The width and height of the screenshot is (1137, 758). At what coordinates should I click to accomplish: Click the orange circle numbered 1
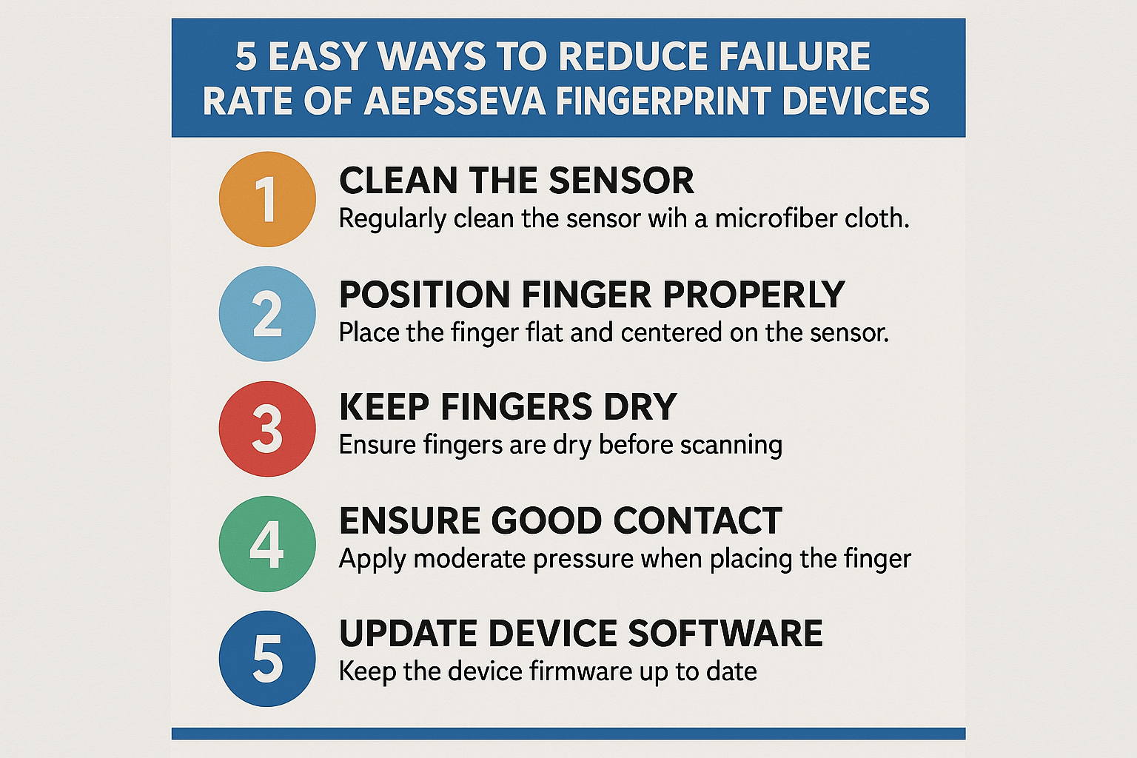click(x=267, y=199)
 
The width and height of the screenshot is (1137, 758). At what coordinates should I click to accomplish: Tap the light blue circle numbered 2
click(x=267, y=314)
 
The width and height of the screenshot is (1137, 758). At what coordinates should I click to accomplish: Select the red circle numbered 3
click(x=267, y=429)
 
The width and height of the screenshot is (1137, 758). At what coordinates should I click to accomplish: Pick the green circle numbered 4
click(x=267, y=543)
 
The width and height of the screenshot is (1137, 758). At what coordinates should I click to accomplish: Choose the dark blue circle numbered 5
click(x=267, y=658)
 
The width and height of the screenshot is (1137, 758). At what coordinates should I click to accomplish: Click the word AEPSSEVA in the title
click(x=455, y=101)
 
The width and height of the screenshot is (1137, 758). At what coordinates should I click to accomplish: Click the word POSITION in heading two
click(x=424, y=295)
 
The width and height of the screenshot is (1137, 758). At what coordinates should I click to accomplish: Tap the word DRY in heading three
click(x=640, y=407)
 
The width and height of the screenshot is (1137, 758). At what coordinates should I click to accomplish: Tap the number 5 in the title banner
click(x=246, y=57)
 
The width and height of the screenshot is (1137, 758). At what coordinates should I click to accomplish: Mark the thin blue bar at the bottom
click(x=568, y=734)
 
